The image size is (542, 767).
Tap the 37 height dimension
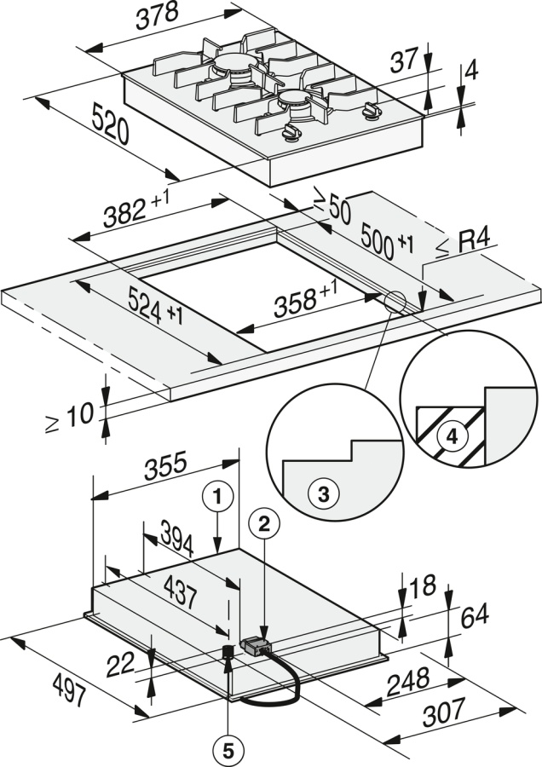(405, 60)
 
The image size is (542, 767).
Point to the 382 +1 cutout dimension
(135, 209)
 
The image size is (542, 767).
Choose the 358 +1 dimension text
(305, 299)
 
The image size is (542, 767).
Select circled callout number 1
(218, 498)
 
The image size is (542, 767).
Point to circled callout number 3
(323, 494)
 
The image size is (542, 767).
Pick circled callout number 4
(453, 435)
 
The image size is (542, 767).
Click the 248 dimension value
(408, 682)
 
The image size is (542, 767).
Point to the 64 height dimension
(474, 615)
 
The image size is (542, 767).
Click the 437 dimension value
(180, 593)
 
